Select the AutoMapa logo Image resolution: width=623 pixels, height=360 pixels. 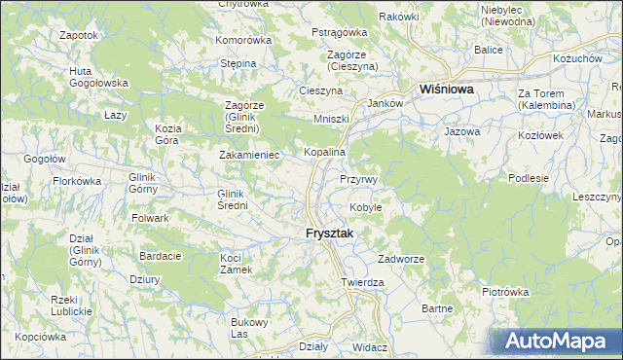pos(556,342)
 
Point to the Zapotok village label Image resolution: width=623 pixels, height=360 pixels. pos(78,35)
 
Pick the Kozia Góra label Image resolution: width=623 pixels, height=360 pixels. pos(168,134)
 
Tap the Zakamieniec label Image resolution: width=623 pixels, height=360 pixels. pos(250,155)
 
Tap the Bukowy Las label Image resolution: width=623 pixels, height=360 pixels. pos(246,328)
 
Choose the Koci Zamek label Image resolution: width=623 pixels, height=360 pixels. pos(237,264)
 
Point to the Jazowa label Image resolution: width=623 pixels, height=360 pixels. pos(462,130)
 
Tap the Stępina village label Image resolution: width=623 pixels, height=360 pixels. pos(238,63)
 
